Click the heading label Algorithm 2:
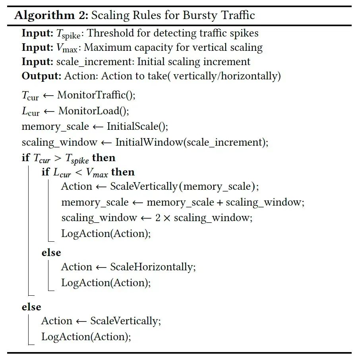click(x=51, y=15)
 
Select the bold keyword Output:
click(x=41, y=76)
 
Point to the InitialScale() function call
click(x=137, y=126)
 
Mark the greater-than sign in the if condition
click(x=58, y=158)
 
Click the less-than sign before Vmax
click(x=78, y=172)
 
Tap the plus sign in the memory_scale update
click(x=220, y=202)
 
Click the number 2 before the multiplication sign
click(x=158, y=218)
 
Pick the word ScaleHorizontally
click(x=152, y=267)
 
